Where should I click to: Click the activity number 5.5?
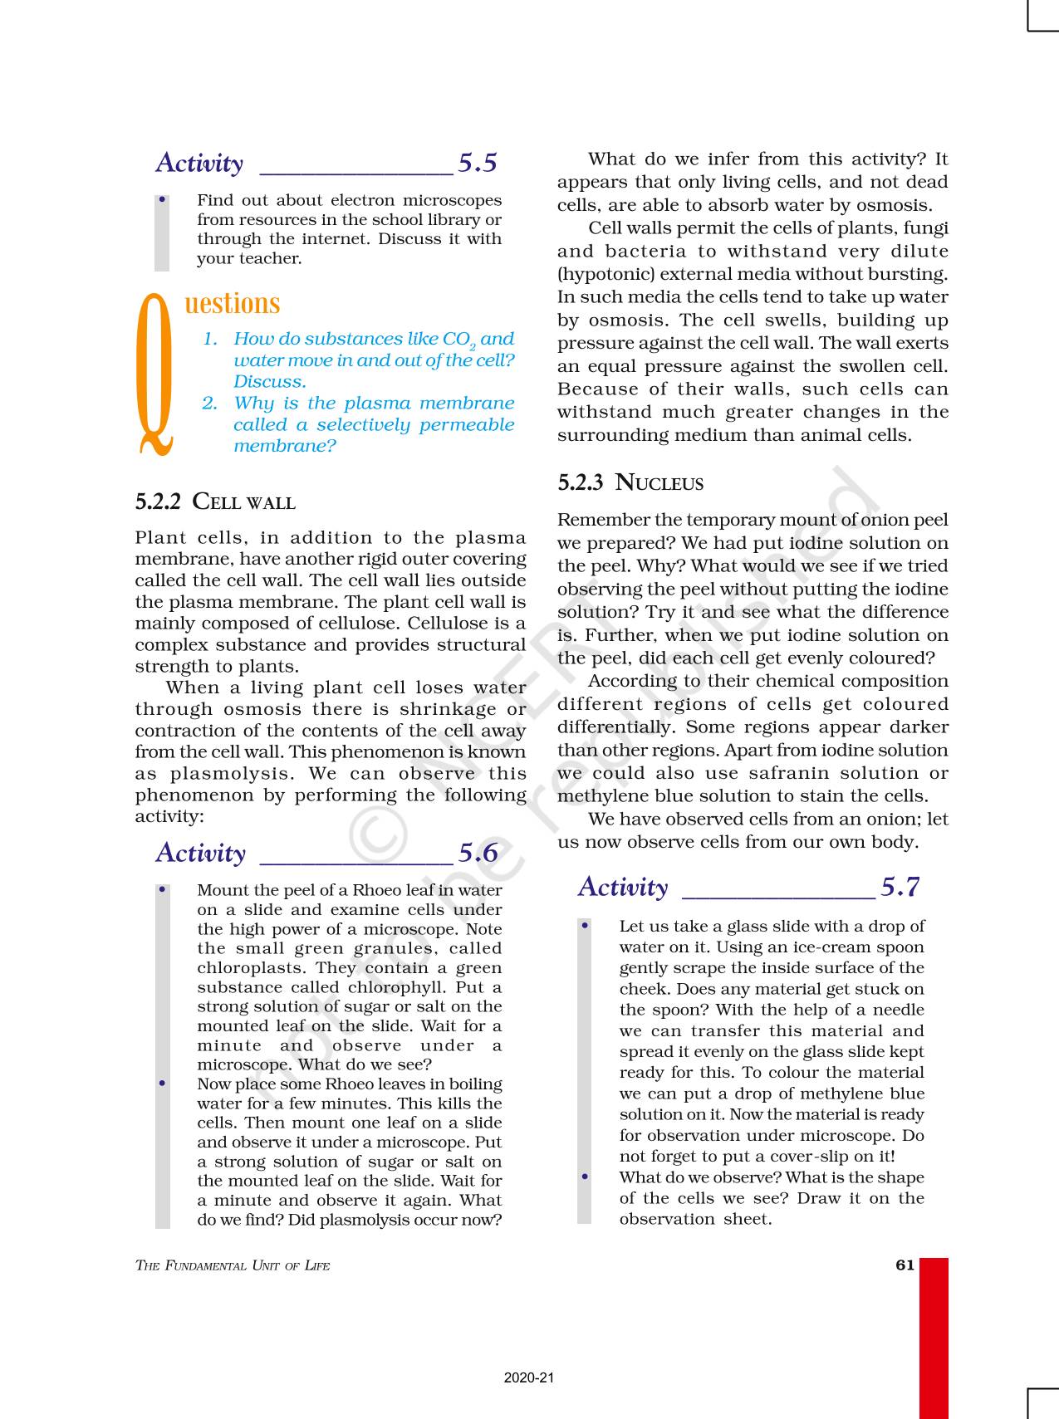(x=478, y=163)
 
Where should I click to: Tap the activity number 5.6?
(x=478, y=853)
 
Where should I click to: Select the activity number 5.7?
(x=900, y=888)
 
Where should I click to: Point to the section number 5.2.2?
(x=158, y=502)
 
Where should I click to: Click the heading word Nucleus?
(x=659, y=483)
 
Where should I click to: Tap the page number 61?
(x=905, y=1265)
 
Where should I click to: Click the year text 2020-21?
(x=529, y=1377)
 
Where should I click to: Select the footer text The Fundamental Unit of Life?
(x=233, y=1266)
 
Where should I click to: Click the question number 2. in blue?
(x=210, y=404)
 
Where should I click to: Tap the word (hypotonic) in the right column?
(x=597, y=275)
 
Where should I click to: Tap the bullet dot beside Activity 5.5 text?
(x=163, y=200)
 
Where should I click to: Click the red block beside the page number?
(x=934, y=1337)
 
